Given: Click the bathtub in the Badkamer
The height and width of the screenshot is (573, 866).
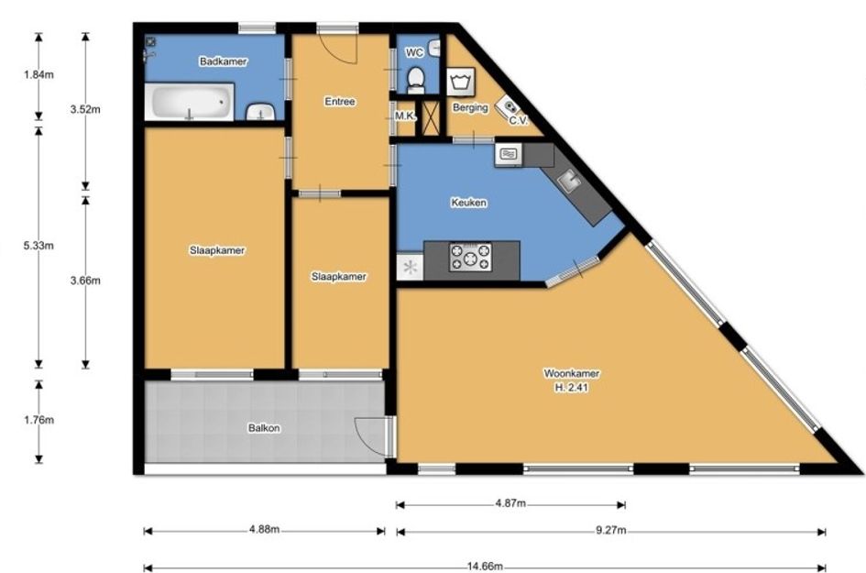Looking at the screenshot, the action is coord(189,101).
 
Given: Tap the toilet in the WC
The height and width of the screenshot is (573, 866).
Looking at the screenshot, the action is coord(415,81).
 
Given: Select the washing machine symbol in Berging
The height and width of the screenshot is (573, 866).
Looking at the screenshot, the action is coord(459,83).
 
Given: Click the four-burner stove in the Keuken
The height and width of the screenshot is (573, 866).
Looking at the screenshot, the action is coord(470,257).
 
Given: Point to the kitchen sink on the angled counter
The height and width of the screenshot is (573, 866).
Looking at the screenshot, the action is coord(568,180).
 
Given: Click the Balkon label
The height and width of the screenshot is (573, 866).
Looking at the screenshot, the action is coord(264,427).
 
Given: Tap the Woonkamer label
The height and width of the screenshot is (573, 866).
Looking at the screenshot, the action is coord(572,373).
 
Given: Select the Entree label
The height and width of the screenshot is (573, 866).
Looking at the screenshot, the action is coord(340,102).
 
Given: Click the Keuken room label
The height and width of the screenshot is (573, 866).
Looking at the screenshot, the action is coord(469,203).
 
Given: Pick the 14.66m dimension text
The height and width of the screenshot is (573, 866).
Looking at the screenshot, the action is coord(485,567).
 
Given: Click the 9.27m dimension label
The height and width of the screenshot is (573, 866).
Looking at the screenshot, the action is coord(611,531).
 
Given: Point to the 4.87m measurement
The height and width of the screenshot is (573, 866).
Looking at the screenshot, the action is coord(510,503).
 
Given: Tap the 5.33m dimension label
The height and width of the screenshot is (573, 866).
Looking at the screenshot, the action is coord(38,246).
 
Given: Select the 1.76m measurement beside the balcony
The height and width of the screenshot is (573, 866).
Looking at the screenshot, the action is coord(38,420).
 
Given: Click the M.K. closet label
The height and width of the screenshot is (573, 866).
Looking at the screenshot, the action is coord(405,116).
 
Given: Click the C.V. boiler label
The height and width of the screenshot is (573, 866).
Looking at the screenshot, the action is coord(519,120).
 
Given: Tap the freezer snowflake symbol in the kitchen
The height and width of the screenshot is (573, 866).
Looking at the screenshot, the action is coord(410,268).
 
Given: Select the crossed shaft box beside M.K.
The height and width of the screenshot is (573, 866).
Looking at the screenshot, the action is coord(430,117).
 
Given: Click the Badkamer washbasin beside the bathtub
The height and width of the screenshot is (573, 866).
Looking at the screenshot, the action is coord(260,112).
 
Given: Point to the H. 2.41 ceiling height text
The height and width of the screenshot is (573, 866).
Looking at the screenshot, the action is coord(572,388).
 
